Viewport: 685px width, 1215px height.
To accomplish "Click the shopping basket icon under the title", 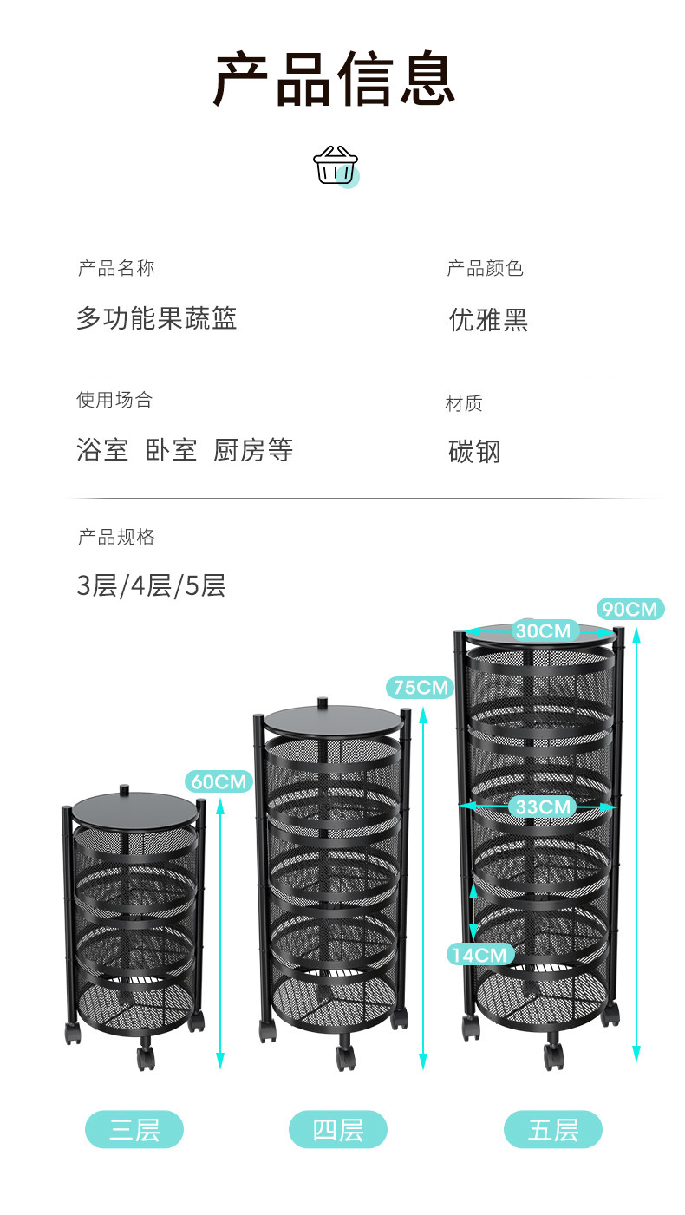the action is [x=336, y=166].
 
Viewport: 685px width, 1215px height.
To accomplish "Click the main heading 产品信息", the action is [x=334, y=78].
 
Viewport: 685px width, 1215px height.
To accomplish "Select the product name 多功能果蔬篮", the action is [x=156, y=318].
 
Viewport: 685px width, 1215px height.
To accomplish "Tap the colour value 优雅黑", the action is [x=488, y=319].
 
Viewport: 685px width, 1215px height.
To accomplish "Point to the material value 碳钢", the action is [x=474, y=451].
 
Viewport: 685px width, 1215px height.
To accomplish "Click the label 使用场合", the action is [x=114, y=399].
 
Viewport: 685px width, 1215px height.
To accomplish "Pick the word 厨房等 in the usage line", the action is [x=252, y=449].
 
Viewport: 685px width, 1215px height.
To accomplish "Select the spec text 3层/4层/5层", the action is [x=152, y=585].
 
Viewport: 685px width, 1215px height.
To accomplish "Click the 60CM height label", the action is [x=219, y=781].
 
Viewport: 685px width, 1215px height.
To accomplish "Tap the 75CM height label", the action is [x=421, y=687].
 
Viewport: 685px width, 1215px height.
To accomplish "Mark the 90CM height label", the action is [x=630, y=609].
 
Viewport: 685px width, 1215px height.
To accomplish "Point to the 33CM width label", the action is [x=543, y=807].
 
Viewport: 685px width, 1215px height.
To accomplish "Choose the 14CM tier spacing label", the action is [x=480, y=955].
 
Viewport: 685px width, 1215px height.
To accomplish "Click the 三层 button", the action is [x=134, y=1129].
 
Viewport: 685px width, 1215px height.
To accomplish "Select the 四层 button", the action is [x=338, y=1129].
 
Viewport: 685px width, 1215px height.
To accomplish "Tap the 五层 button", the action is [x=553, y=1129].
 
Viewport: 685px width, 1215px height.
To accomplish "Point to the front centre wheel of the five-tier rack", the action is [x=554, y=1055].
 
